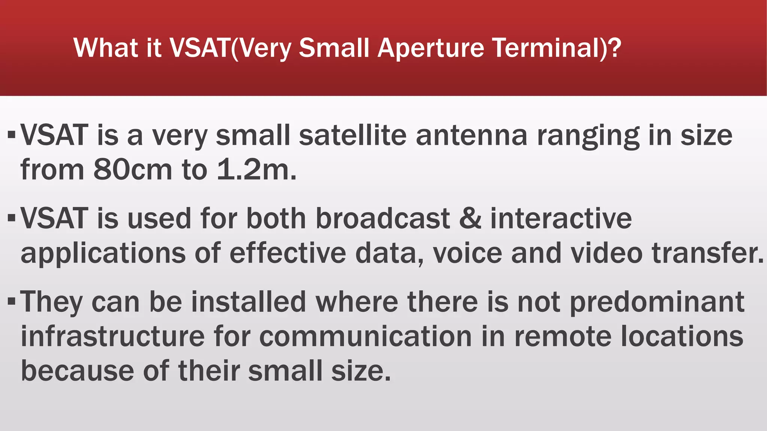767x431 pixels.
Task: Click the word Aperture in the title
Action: pos(431,49)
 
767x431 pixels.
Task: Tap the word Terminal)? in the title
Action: pos(557,48)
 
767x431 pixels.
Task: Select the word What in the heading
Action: pos(98,48)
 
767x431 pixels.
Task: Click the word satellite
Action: pos(352,135)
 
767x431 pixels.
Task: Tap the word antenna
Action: pos(472,135)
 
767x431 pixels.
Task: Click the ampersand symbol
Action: pos(470,219)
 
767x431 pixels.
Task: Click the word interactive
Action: pos(561,219)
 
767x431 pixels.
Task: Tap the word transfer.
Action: pos(707,253)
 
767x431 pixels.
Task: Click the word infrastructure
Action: pos(112,336)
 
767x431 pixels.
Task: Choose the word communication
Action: pos(366,336)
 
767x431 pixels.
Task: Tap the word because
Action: pos(77,371)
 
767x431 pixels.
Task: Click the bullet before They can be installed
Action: pos(12,300)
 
